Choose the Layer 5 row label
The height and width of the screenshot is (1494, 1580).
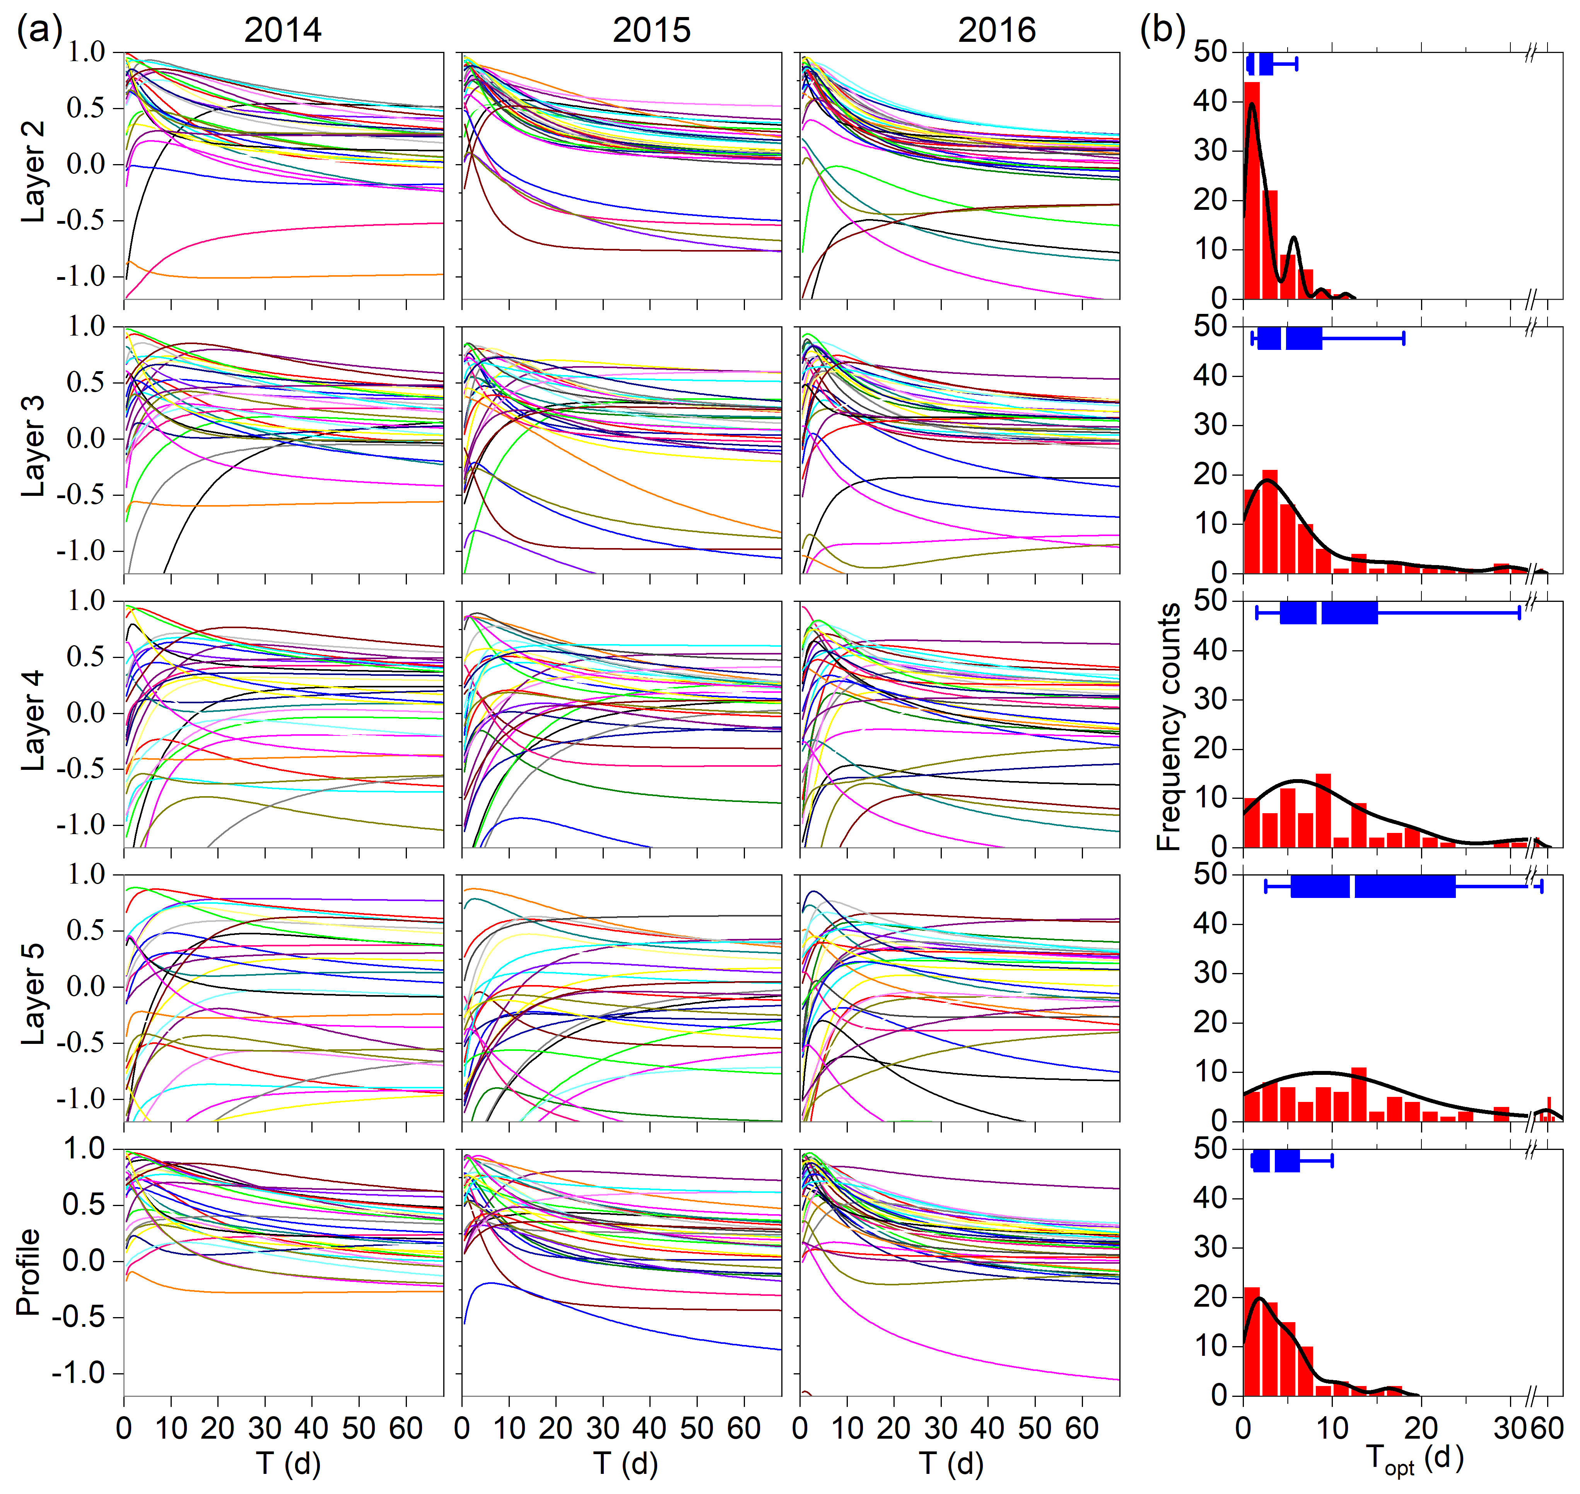pos(32,995)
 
